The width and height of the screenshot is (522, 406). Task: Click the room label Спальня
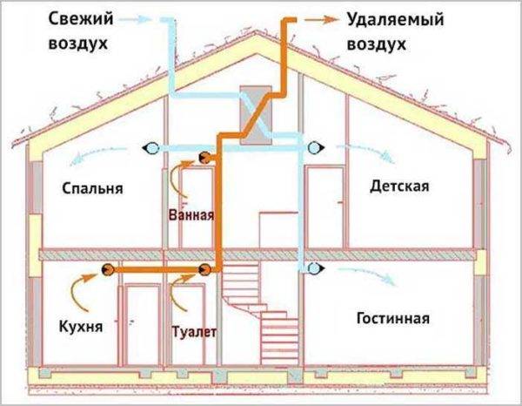[92, 189]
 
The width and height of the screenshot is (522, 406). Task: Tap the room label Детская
[399, 186]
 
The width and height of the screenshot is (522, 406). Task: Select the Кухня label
[81, 327]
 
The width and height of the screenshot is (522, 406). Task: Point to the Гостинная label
[393, 318]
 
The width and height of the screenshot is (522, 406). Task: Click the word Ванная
[191, 215]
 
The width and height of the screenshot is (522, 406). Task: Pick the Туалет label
[194, 332]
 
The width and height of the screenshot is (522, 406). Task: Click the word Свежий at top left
[81, 19]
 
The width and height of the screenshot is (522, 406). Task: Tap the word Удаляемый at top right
[396, 20]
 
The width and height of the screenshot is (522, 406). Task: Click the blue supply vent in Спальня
[151, 147]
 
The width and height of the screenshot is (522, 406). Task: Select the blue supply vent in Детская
[316, 147]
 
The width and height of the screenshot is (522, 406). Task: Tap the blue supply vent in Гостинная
[316, 267]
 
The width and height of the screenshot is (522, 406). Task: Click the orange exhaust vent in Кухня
[108, 269]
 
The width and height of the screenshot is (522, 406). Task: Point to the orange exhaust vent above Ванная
[204, 158]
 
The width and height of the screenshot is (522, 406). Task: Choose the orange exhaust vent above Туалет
[204, 269]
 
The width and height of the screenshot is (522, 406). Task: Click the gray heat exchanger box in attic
[256, 115]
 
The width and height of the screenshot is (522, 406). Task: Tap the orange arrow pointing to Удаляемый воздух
[321, 20]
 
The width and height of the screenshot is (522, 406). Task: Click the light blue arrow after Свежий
[135, 19]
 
